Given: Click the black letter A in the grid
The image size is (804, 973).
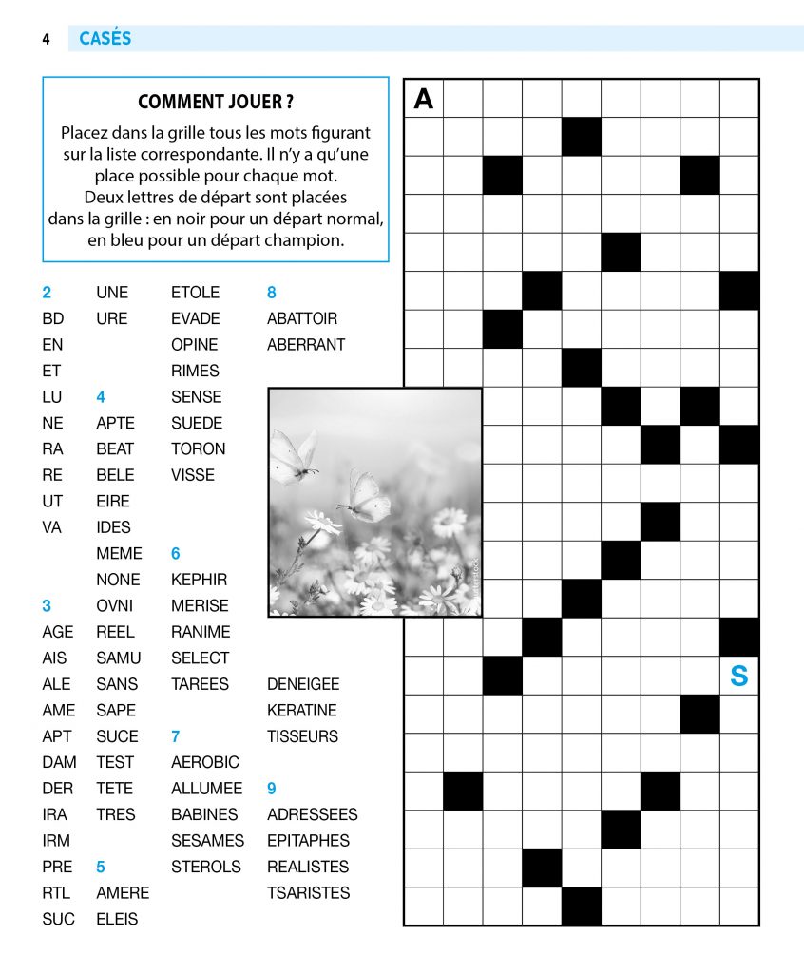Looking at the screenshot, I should point(424,98).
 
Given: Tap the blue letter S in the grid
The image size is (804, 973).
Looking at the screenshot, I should point(738,677).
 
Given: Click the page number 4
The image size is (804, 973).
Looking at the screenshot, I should point(46,39).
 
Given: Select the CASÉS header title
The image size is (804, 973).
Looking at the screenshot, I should point(105,39).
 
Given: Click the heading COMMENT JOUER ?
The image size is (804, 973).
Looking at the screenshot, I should point(216,102).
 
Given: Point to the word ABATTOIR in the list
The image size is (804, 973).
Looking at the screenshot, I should point(302,318).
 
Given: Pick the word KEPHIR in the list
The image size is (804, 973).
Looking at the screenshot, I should point(199,580).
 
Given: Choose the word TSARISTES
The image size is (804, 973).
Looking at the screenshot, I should point(308,893).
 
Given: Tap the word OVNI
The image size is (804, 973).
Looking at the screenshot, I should point(115,605).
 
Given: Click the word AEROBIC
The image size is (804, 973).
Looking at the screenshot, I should point(205,762).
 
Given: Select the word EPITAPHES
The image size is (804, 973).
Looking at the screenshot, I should point(308,841).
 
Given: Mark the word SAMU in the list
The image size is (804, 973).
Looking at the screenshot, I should point(118,658).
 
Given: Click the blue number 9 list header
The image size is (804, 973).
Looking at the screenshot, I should point(272,789).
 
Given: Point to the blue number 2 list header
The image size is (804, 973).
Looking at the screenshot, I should point(47,293).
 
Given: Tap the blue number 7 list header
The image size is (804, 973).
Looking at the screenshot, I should point(175,736).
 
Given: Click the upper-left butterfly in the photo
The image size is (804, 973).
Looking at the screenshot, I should point(294,456).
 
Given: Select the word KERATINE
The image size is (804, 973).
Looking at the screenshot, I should point(302,710).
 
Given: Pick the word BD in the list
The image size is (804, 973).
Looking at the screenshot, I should point(53,318).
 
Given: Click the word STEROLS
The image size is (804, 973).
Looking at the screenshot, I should point(206,867).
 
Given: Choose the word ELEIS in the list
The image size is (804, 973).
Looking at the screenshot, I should point(117,919).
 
